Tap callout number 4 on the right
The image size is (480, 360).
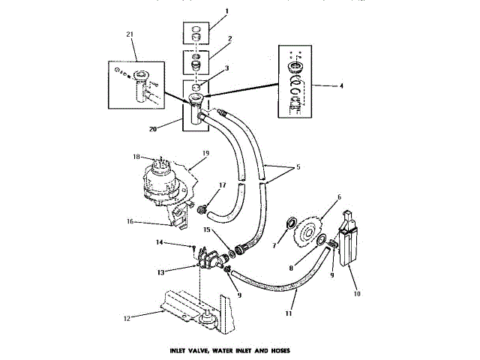click(x=342, y=86)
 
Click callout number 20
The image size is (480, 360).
click(x=152, y=128)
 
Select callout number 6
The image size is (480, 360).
click(x=339, y=197)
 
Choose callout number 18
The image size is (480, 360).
click(x=136, y=157)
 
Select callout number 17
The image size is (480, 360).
click(x=222, y=184)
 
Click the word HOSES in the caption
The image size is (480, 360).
click(x=277, y=350)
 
